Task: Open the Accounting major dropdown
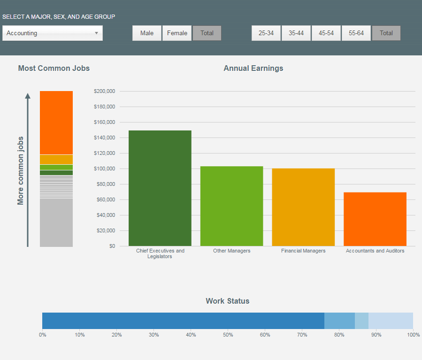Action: coord(52,33)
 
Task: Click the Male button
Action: coord(147,33)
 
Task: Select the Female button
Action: coord(177,33)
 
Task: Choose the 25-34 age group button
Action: coord(266,33)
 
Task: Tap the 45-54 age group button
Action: coord(326,33)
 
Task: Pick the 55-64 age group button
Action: coord(356,33)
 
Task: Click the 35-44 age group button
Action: coord(296,33)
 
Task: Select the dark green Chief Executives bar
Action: coord(160,188)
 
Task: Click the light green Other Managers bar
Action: coord(231,206)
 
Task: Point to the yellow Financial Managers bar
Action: coord(303,207)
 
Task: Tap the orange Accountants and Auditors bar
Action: coord(375,219)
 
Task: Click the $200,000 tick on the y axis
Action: coord(104,91)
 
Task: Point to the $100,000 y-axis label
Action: coord(104,169)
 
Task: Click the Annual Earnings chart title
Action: coord(253,68)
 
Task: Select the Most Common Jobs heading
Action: coord(54,68)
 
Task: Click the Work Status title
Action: coord(228,301)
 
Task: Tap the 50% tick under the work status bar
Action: coord(228,335)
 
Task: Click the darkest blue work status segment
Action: coord(183,321)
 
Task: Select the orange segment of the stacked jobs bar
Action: coord(56,122)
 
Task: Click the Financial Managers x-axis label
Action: coord(303,251)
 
